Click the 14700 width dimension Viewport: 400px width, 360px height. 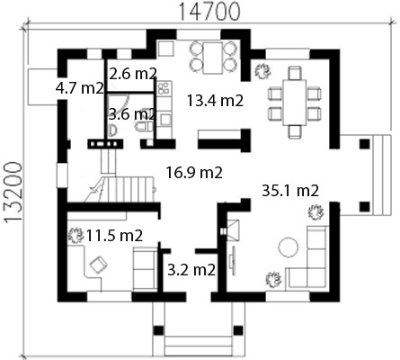209,12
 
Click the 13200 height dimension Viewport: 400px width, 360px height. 13,193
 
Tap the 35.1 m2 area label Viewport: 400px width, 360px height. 290,191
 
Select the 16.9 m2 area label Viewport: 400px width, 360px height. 194,173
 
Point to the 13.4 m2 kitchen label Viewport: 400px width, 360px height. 215,101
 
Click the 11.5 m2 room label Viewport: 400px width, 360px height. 114,236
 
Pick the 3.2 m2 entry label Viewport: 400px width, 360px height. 191,270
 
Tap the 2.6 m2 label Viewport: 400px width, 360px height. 133,74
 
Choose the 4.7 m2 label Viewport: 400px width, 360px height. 80,88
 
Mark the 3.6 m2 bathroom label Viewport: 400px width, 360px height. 132,114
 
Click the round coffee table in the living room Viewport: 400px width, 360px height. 289,247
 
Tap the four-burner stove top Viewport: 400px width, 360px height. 164,88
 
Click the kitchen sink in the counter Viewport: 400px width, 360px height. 164,119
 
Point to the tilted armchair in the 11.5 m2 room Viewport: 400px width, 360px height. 99,265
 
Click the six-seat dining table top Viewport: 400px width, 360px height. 295,103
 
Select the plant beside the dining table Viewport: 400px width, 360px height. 262,71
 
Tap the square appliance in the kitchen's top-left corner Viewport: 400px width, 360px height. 166,49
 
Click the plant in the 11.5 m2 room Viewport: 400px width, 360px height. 76,235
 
